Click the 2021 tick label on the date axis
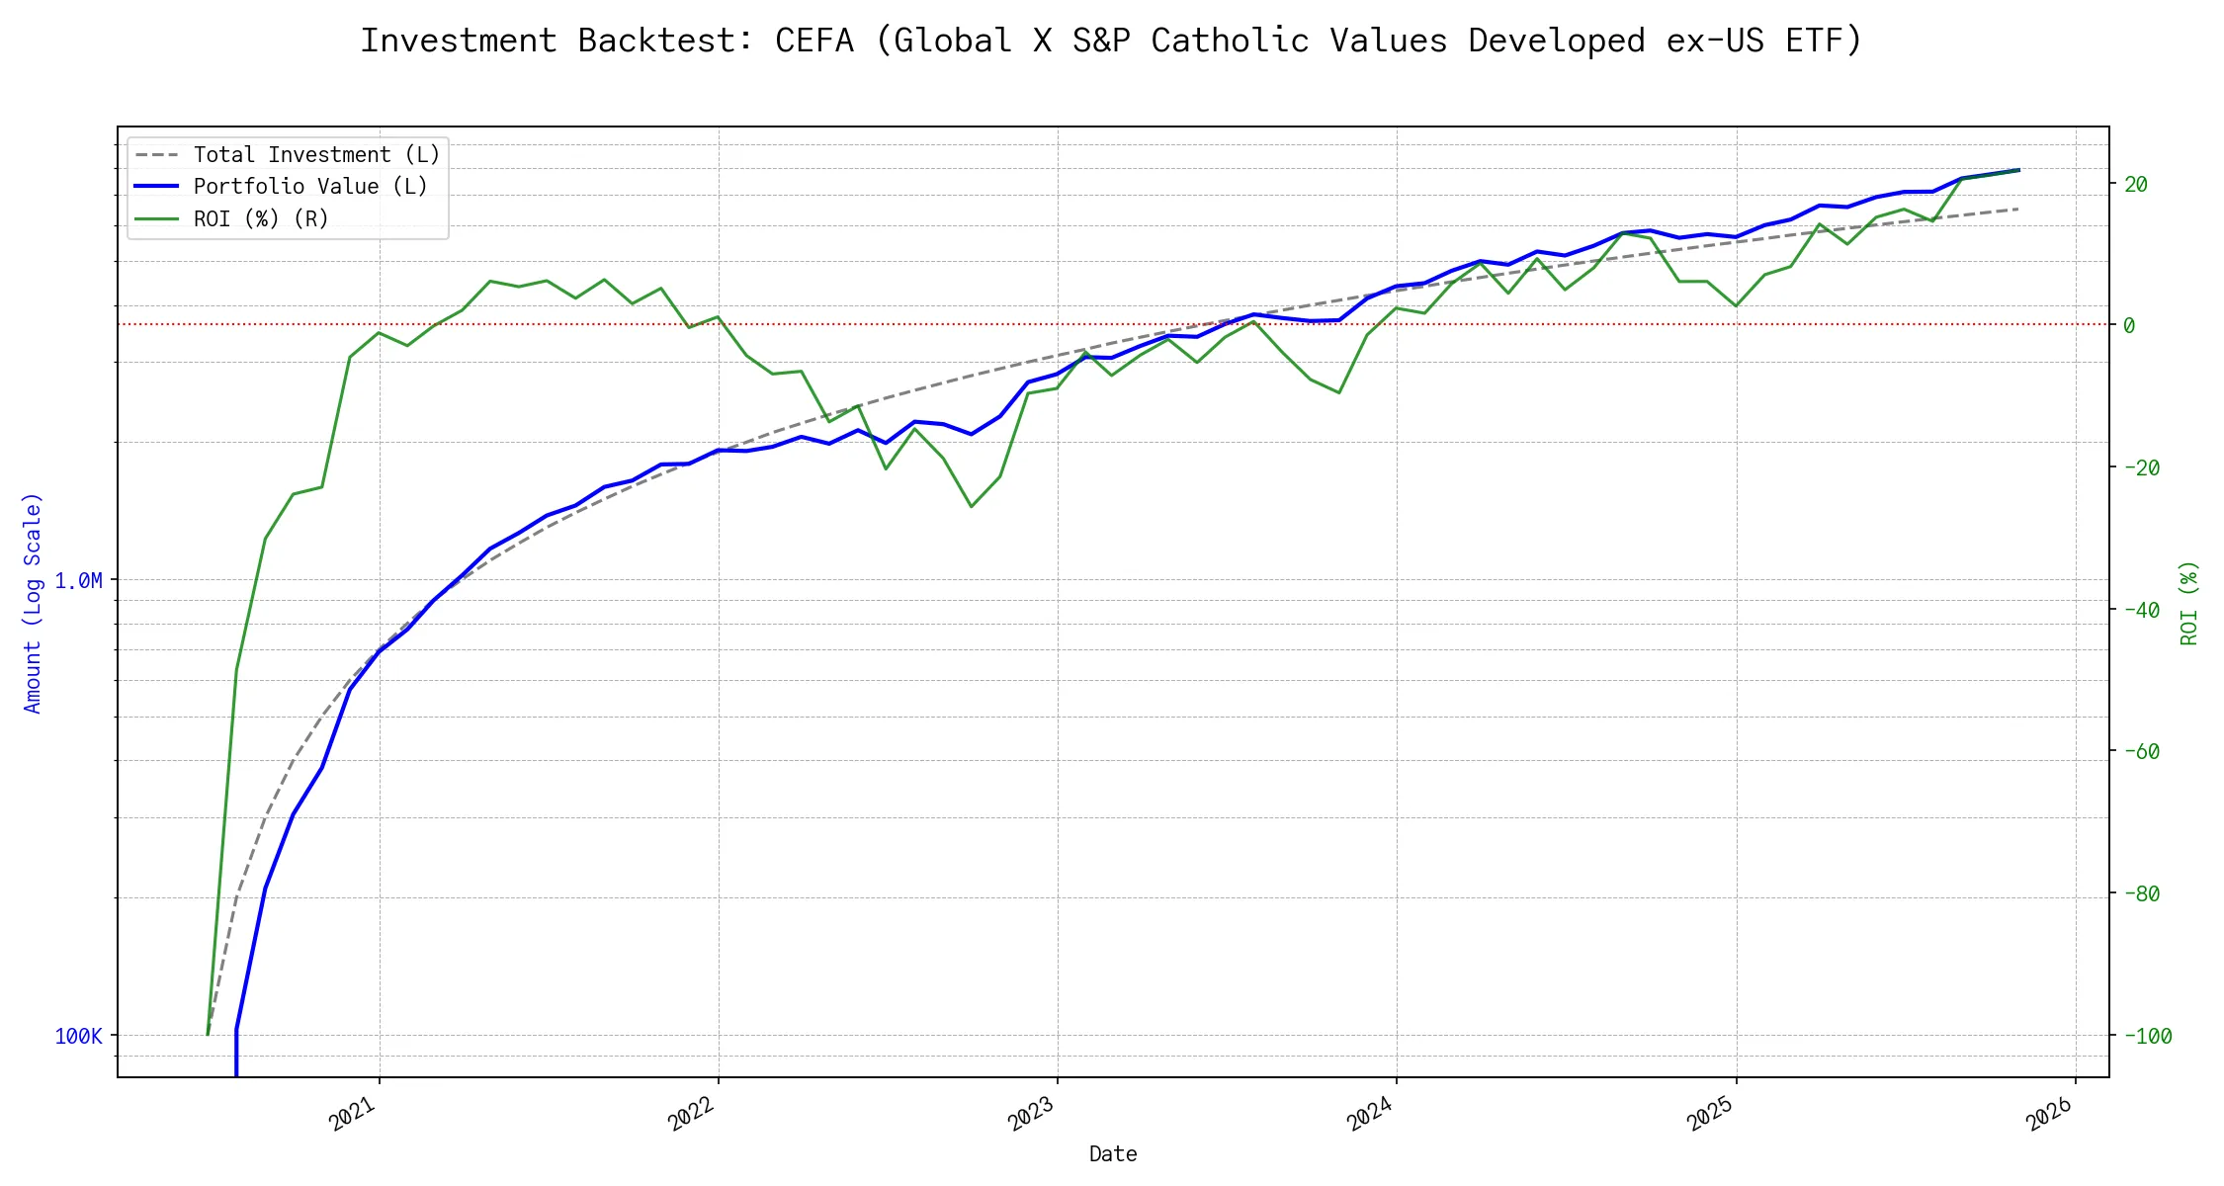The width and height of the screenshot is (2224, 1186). (x=353, y=1115)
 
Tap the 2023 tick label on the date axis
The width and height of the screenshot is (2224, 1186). (x=1031, y=1115)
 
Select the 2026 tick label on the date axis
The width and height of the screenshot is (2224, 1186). (x=2049, y=1115)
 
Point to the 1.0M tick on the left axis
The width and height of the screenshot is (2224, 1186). (x=78, y=580)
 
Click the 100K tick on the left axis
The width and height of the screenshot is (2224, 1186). (x=78, y=1036)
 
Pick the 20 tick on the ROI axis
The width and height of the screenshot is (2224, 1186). (x=2135, y=184)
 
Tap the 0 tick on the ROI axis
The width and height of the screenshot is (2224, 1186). (x=2129, y=325)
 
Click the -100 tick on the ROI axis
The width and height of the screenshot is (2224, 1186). (x=2141, y=1036)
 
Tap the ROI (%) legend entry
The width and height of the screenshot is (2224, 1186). (x=261, y=218)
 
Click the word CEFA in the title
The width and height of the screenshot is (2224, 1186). (x=813, y=41)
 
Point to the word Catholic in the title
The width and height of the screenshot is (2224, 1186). (x=1230, y=41)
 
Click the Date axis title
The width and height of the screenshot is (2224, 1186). (x=1112, y=1153)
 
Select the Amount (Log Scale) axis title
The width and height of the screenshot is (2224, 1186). (x=33, y=602)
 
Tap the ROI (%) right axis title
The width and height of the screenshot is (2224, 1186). (x=2188, y=602)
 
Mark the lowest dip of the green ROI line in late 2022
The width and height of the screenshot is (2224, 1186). (x=972, y=507)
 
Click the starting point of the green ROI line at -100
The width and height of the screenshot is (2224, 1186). (x=208, y=1035)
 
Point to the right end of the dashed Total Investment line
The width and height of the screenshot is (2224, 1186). (x=2017, y=210)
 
